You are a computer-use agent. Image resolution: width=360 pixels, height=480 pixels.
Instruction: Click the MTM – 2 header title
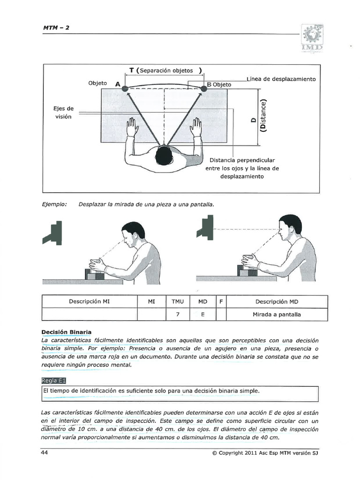point(56,27)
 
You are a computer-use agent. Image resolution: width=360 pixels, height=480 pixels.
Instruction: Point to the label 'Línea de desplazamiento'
point(281,79)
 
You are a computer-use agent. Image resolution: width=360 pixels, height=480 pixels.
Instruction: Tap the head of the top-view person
point(164,155)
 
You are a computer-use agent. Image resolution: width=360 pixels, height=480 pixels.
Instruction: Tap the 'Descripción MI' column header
point(89,301)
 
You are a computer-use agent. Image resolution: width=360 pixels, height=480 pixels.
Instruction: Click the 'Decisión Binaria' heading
point(66,332)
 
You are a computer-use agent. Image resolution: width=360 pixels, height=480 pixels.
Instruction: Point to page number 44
point(45,453)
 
